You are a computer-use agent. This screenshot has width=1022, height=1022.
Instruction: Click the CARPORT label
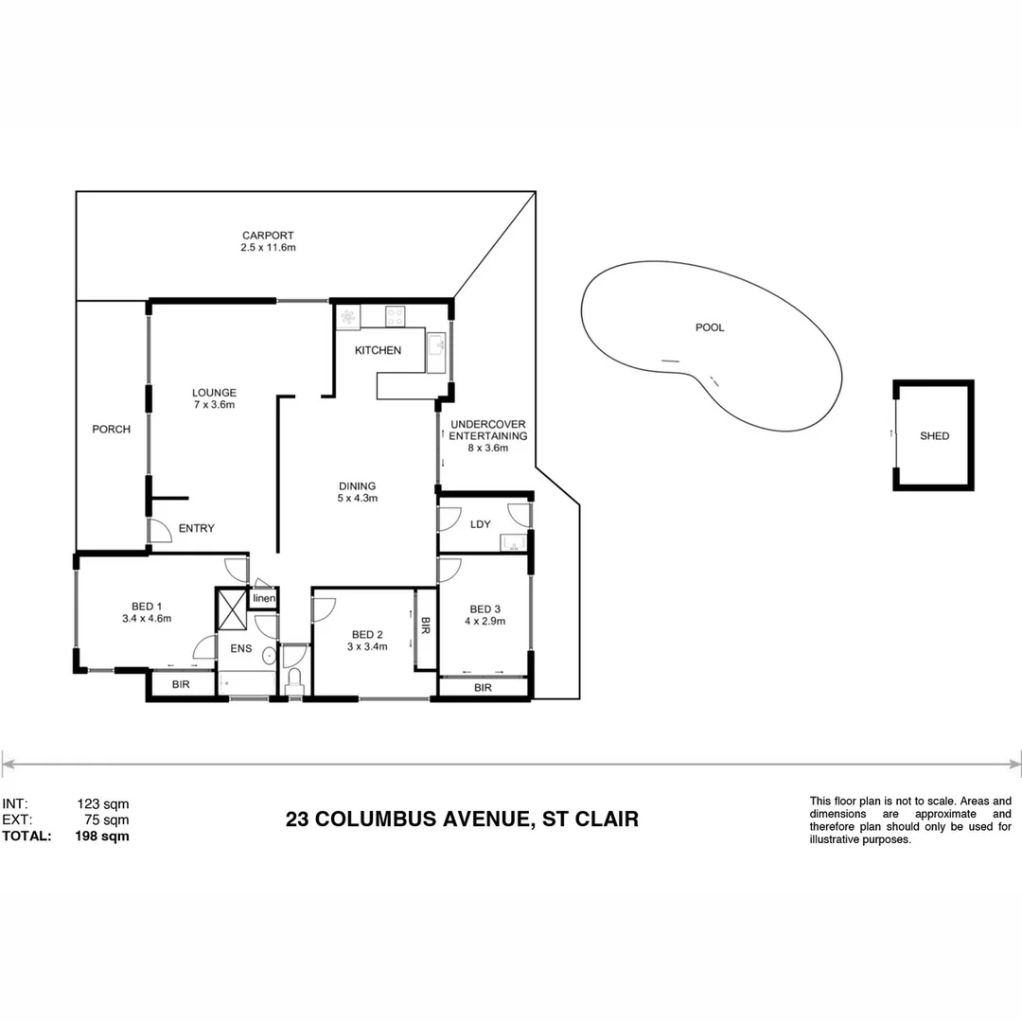pyautogui.click(x=268, y=236)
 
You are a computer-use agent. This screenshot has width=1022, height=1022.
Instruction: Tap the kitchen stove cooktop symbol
pyautogui.click(x=395, y=316)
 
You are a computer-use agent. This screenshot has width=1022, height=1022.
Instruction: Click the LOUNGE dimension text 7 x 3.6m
pyautogui.click(x=214, y=405)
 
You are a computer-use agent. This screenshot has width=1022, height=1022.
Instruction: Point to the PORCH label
pyautogui.click(x=111, y=429)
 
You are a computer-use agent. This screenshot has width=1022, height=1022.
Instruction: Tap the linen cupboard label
pyautogui.click(x=264, y=598)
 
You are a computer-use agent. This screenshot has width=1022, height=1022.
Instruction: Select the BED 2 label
pyautogui.click(x=366, y=634)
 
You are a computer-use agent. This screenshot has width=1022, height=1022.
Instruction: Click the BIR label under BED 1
pyautogui.click(x=180, y=684)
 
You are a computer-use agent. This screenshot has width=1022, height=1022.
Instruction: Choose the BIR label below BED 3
pyautogui.click(x=483, y=687)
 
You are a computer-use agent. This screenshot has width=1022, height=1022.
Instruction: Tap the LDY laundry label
pyautogui.click(x=480, y=523)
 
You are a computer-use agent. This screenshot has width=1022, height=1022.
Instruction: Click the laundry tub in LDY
pyautogui.click(x=514, y=542)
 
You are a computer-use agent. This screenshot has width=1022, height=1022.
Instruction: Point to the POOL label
pyautogui.click(x=710, y=327)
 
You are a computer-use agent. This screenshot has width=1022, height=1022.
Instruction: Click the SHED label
pyautogui.click(x=934, y=436)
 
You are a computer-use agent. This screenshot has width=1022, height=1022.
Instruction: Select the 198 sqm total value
pyautogui.click(x=102, y=836)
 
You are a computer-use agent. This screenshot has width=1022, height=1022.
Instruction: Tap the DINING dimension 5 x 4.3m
pyautogui.click(x=358, y=498)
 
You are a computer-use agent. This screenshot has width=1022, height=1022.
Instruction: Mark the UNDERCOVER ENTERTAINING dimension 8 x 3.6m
pyautogui.click(x=488, y=449)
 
